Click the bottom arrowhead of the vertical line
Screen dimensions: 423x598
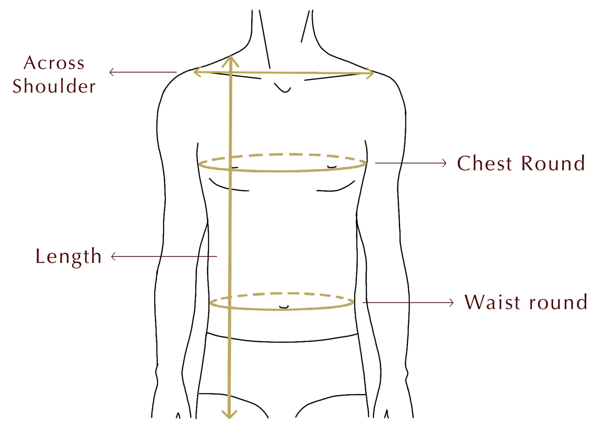click(x=229, y=414)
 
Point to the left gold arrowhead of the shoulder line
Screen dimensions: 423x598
click(x=197, y=72)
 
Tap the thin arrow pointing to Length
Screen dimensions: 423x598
click(x=164, y=256)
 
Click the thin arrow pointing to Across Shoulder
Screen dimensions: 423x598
click(x=143, y=72)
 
